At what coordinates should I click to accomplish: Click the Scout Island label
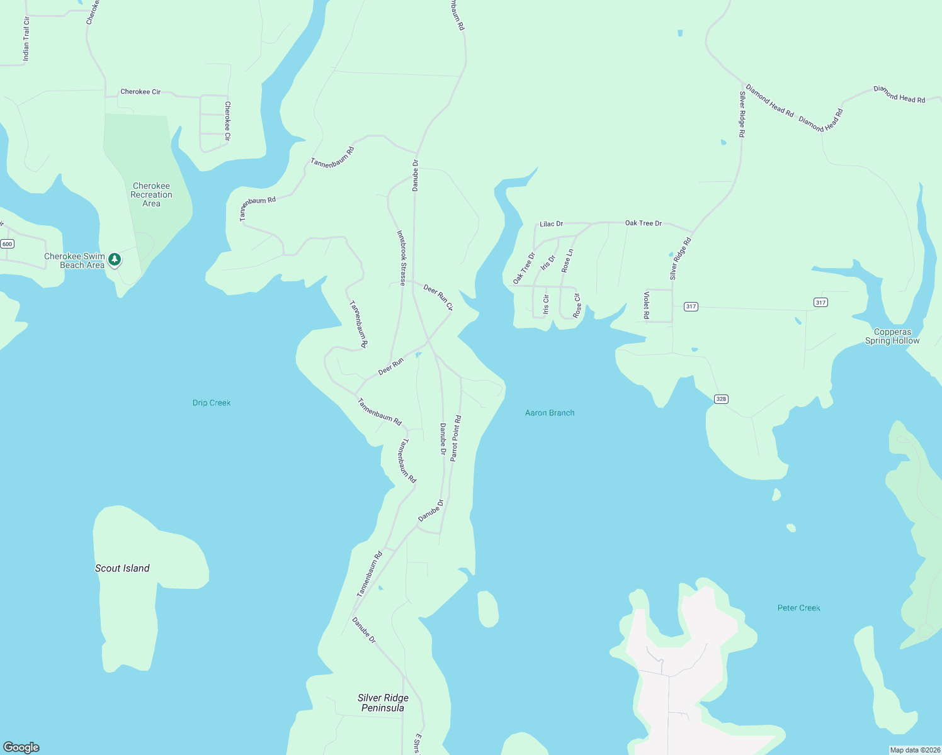[x=122, y=568]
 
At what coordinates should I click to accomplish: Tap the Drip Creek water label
[x=212, y=403]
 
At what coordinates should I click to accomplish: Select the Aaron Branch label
[x=550, y=413]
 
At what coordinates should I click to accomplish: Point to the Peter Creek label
[x=798, y=608]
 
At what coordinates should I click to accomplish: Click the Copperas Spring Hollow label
[x=892, y=336]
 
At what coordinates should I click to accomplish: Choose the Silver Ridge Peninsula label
[x=383, y=703]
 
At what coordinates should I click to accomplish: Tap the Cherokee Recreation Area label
[x=151, y=194]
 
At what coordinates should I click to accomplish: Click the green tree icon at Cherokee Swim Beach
[x=114, y=259]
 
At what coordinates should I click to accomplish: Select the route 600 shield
[x=7, y=243]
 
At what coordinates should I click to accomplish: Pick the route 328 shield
[x=721, y=399]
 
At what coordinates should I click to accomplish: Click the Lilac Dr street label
[x=551, y=224]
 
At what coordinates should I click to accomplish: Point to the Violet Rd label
[x=646, y=305]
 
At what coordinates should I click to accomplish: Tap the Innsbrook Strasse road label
[x=401, y=258]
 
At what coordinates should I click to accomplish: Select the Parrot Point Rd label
[x=455, y=438]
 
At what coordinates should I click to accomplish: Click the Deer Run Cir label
[x=438, y=297]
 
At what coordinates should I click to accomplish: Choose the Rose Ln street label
[x=567, y=260]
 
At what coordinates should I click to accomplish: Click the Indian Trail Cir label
[x=26, y=39]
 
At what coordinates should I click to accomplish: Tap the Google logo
[x=21, y=747]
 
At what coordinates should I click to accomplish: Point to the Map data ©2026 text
[x=915, y=750]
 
